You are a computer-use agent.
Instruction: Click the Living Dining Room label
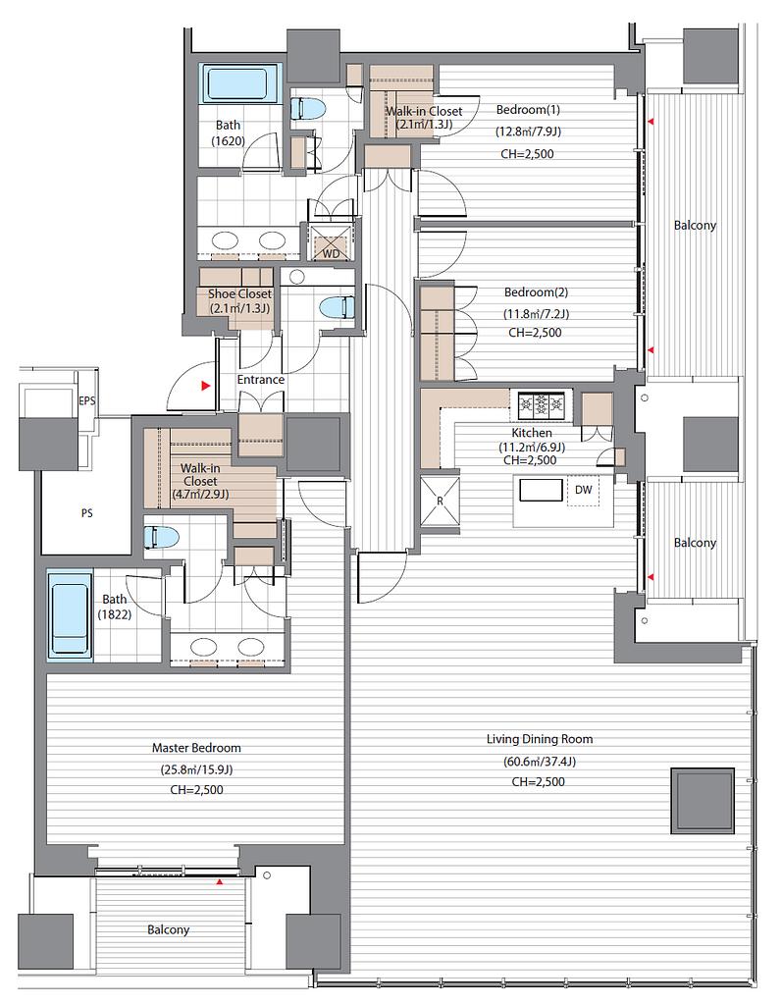[539, 739]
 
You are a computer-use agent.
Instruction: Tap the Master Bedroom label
[196, 747]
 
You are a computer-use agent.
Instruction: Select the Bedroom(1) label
[529, 110]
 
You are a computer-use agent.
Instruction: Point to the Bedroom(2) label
[536, 292]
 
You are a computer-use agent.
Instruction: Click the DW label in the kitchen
[583, 490]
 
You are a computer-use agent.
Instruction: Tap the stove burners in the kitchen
[542, 403]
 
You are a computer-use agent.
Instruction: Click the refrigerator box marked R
[440, 501]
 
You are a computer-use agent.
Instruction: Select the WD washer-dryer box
[331, 242]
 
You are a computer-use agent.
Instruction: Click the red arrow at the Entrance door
[205, 386]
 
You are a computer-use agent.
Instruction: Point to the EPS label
[87, 400]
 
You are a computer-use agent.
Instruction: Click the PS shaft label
[86, 512]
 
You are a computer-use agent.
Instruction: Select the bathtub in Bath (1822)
[70, 617]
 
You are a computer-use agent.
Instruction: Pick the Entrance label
[260, 380]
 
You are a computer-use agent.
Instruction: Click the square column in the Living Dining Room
[702, 801]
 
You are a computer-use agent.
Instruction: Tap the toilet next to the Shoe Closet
[336, 306]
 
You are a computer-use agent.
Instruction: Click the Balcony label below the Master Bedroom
[168, 930]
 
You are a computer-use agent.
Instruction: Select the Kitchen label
[532, 433]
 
